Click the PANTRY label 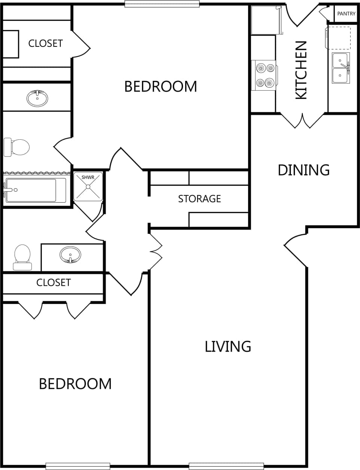click(x=346, y=14)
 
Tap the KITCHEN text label click(x=301, y=70)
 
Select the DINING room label click(x=303, y=170)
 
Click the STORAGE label click(x=199, y=198)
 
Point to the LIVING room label click(x=228, y=346)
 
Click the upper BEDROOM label click(x=161, y=87)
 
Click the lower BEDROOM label click(x=75, y=384)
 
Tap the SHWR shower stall click(x=88, y=187)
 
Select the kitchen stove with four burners click(x=265, y=75)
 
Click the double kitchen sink click(x=341, y=68)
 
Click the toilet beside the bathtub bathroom click(x=16, y=147)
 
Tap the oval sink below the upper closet click(x=37, y=98)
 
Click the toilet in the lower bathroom click(x=22, y=257)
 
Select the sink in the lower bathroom click(x=70, y=255)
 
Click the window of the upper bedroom click(x=162, y=4)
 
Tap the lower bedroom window click(x=78, y=466)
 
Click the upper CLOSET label click(x=45, y=43)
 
